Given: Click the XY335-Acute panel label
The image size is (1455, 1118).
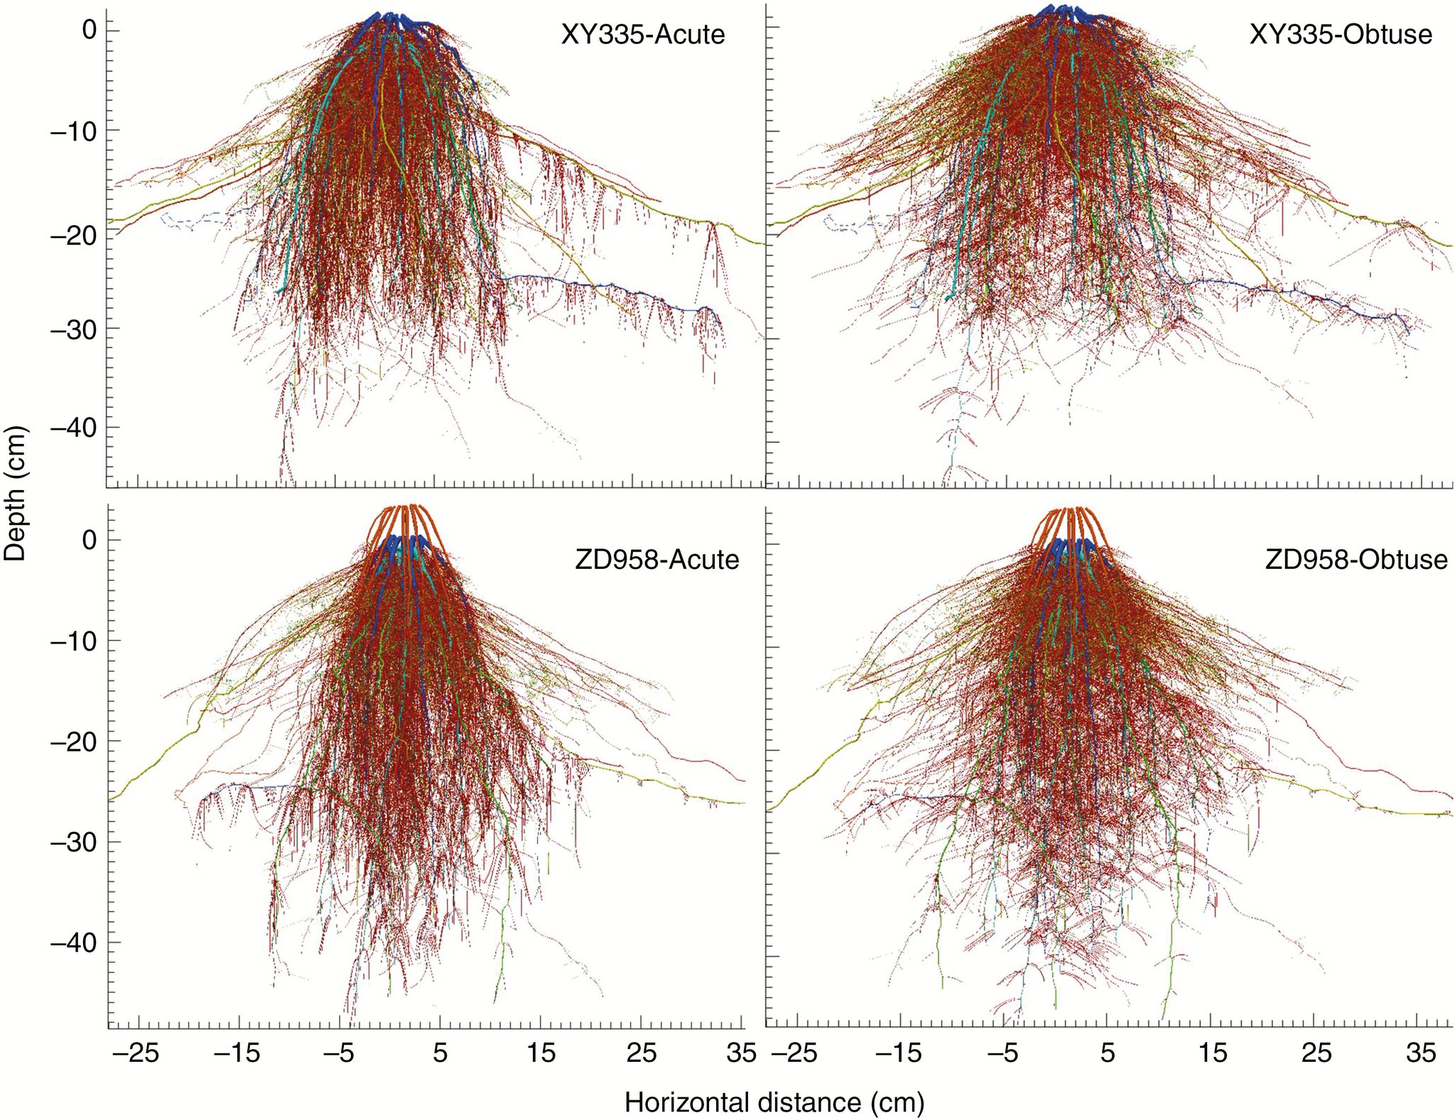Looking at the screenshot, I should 643,34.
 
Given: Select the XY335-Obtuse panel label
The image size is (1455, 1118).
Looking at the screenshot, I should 1341,34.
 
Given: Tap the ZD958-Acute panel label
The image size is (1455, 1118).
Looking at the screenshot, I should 657,560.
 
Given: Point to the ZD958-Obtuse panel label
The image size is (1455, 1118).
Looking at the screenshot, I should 1356,560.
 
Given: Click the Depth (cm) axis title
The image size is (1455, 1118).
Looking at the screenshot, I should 14,493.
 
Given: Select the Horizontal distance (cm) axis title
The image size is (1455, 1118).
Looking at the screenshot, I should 774,1102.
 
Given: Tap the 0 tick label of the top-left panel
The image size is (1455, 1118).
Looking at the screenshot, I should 90,30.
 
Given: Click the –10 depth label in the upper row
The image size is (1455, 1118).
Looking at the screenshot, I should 73,131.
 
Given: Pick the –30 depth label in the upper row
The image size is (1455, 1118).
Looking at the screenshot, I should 73,330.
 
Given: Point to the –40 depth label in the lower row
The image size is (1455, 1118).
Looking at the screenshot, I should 73,943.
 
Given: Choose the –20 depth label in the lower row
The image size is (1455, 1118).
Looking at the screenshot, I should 73,742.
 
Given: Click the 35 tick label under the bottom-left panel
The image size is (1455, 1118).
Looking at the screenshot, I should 741,1053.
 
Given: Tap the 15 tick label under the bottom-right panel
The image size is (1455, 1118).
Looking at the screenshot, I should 1212,1053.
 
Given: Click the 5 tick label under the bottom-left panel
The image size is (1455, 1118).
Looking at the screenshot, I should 440,1053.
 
